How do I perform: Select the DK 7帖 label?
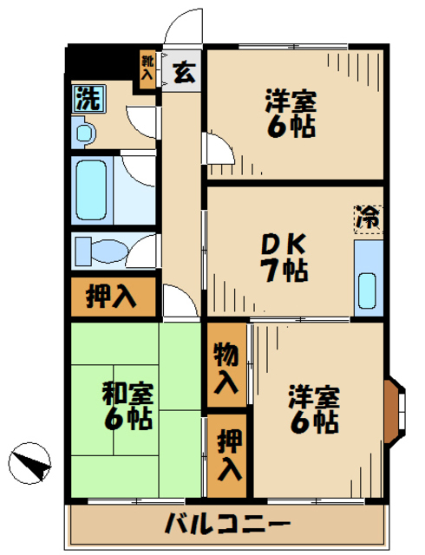[284, 258]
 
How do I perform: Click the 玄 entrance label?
[184, 73]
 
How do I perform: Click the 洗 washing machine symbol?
[87, 98]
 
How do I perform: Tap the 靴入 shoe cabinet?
[148, 69]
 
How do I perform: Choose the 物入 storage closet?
[226, 366]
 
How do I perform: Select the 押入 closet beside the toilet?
[111, 297]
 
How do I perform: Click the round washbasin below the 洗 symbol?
[83, 132]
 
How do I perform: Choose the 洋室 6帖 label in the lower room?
[313, 408]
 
